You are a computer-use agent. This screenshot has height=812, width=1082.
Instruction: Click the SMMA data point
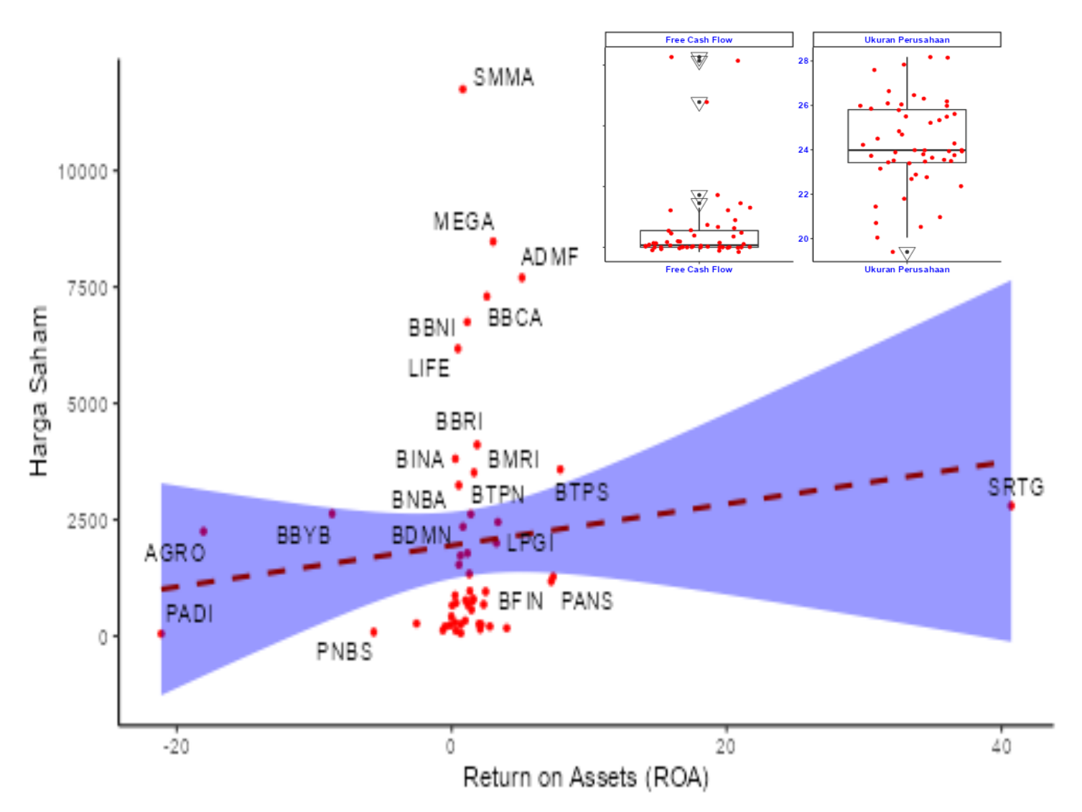462,89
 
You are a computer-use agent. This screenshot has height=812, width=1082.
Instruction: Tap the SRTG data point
1011,506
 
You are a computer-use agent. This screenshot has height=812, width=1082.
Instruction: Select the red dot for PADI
161,634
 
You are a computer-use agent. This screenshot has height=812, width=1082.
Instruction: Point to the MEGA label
464,221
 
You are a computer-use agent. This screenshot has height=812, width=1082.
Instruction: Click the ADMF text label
549,256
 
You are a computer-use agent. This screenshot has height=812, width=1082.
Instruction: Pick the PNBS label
345,652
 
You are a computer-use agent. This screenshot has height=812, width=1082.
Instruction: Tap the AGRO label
175,553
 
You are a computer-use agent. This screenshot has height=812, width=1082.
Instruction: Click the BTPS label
582,493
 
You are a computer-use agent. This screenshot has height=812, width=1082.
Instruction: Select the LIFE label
429,368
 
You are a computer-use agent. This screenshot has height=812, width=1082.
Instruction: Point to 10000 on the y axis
83,172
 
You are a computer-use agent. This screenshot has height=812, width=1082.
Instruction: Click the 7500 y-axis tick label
87,288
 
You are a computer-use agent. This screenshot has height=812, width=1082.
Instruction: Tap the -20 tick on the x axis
176,747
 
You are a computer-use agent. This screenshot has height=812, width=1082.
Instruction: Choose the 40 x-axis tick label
1001,747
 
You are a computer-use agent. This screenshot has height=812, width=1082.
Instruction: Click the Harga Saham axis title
38,391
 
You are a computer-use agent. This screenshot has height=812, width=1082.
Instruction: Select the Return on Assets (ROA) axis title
585,778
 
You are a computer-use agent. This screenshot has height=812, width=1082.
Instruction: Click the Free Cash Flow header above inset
699,39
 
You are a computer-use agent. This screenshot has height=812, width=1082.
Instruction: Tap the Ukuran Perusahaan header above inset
906,39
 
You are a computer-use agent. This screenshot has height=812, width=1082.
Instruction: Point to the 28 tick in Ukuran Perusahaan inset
803,61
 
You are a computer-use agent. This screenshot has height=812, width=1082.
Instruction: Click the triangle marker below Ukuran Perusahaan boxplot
907,253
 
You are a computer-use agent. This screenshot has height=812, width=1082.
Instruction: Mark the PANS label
587,601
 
